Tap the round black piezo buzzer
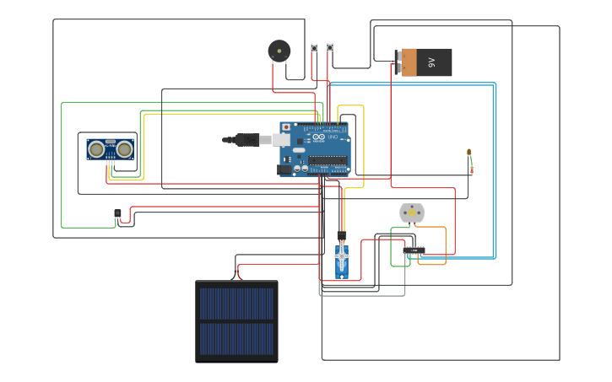(x=279, y=51)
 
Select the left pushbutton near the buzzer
(x=314, y=48)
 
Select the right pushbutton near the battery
(x=329, y=47)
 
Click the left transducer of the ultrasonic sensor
(x=97, y=149)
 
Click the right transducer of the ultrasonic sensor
(x=124, y=149)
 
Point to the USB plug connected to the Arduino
(x=250, y=140)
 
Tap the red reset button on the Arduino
(x=286, y=127)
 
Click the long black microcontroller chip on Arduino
(x=327, y=159)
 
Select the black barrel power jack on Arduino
(x=284, y=169)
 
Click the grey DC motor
(x=411, y=213)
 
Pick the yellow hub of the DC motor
(x=411, y=213)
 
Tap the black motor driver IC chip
(x=413, y=250)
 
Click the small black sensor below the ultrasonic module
(x=117, y=214)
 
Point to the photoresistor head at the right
(x=468, y=153)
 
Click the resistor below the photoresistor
(x=471, y=169)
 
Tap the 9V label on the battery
(x=431, y=62)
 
